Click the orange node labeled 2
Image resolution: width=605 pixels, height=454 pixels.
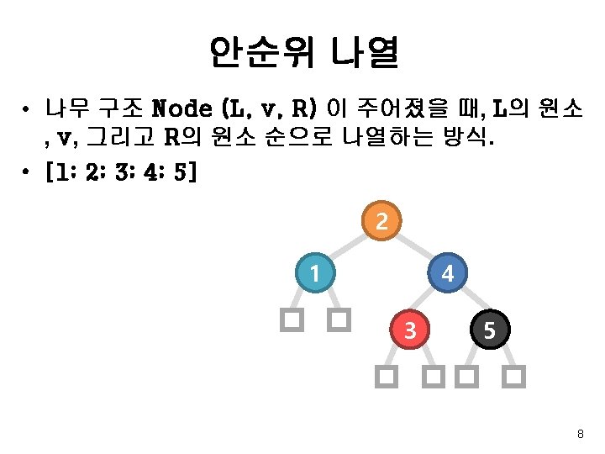coord(381,221)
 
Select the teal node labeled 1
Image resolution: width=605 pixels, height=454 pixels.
coord(314,273)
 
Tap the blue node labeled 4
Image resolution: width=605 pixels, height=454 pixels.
coord(448,273)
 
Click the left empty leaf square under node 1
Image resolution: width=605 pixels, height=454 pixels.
coord(292,319)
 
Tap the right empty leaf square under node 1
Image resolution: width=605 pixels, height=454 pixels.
coord(339,319)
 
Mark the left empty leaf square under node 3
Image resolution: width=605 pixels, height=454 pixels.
coord(385,377)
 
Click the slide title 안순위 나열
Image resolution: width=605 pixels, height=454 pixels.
coord(302,53)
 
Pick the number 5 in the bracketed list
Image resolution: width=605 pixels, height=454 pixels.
coord(182,173)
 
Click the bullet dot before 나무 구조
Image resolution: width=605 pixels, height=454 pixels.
coord(29,110)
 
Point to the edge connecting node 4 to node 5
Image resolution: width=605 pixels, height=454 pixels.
coord(469,302)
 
